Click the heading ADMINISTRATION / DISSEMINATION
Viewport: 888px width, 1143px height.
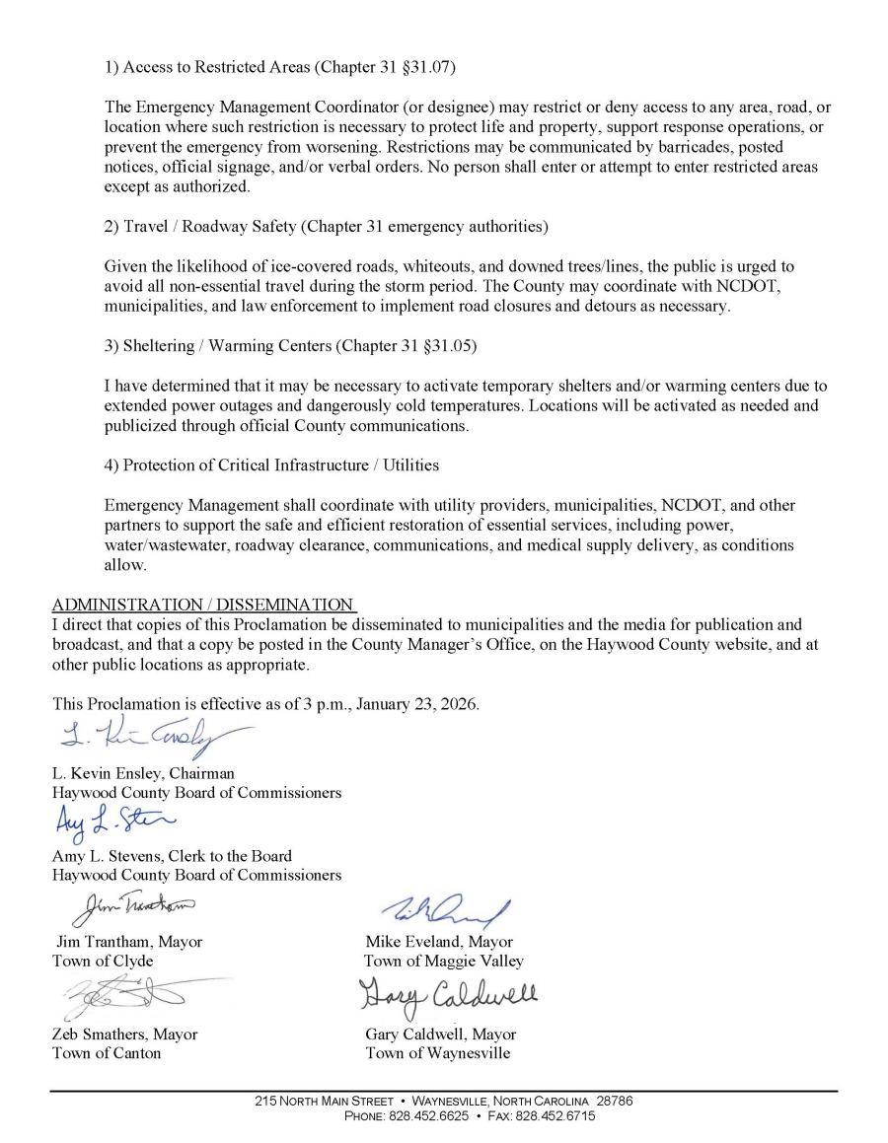pos(202,605)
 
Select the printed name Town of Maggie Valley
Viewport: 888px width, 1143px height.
pos(444,961)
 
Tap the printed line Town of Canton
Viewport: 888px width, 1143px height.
pos(107,1052)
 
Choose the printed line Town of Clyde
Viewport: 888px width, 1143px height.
pos(103,961)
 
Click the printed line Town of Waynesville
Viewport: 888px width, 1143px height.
pos(438,1052)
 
